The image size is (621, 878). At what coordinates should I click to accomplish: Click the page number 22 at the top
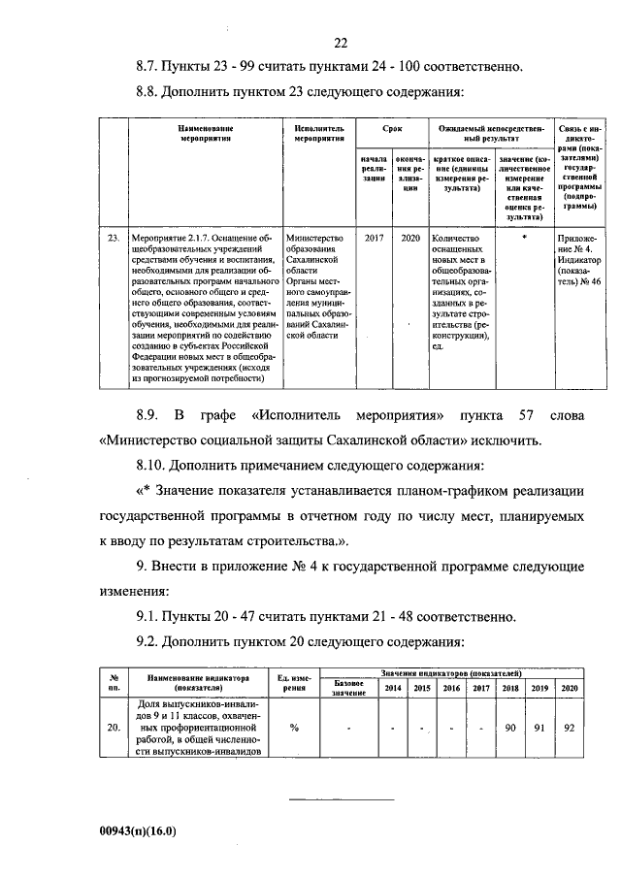tap(340, 42)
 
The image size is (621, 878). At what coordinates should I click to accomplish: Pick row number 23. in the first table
tap(114, 237)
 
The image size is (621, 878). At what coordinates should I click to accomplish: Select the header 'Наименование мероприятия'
tap(204, 133)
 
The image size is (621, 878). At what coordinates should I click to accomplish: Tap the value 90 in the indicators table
tap(509, 726)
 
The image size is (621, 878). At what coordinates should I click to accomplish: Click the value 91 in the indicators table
tap(539, 726)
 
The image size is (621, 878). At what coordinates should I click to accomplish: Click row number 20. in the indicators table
tap(114, 726)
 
